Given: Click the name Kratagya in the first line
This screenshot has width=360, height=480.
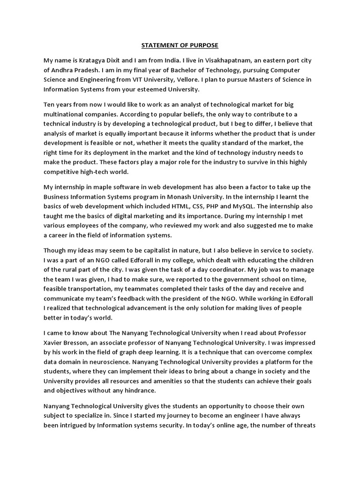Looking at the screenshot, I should pyautogui.click(x=98, y=60).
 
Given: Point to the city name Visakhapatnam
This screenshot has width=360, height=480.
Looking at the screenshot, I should pyautogui.click(x=230, y=60).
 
